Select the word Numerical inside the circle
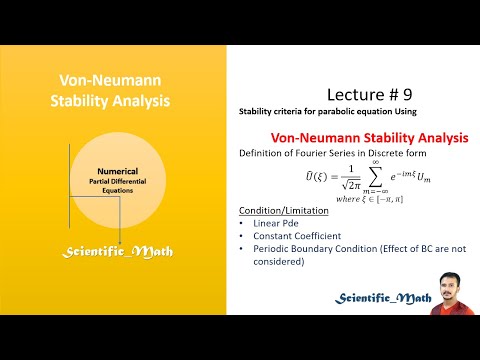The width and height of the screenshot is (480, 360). pos(123,171)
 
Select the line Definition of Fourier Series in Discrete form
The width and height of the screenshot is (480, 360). pos(323,152)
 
